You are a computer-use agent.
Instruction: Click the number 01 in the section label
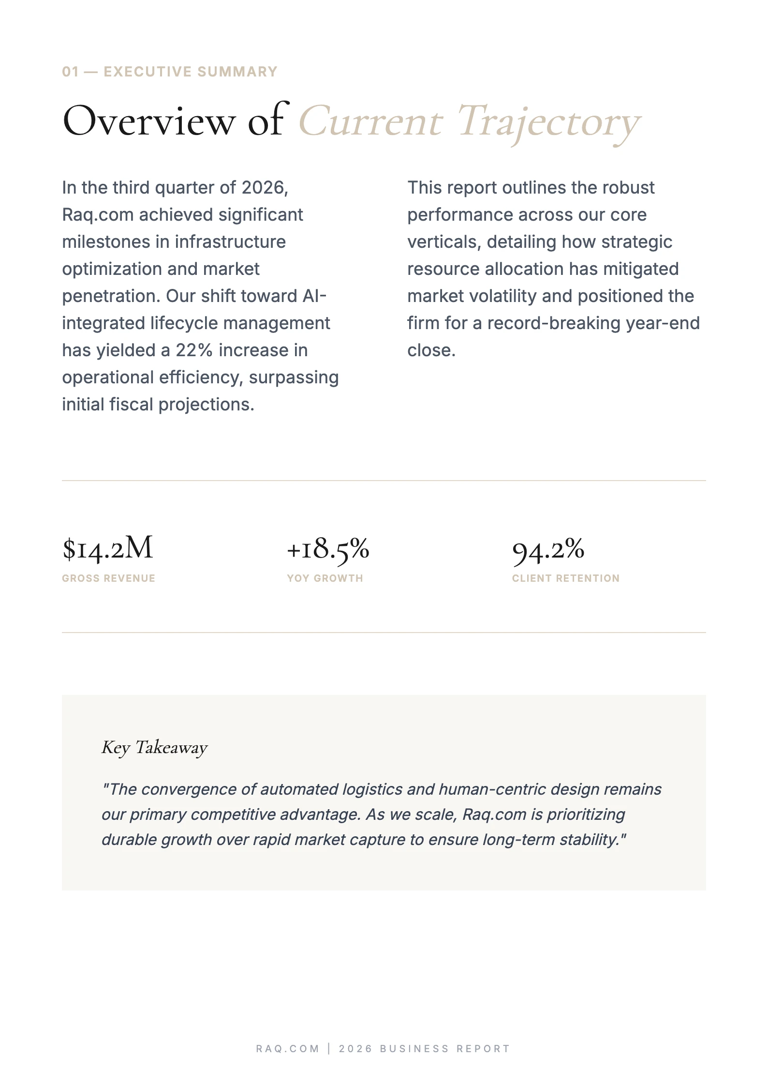point(70,72)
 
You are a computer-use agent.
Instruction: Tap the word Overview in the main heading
point(148,121)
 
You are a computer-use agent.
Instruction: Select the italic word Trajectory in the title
point(549,122)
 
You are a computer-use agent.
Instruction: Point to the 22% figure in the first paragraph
point(194,350)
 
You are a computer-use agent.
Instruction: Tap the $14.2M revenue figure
point(108,549)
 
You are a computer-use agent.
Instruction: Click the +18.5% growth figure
point(328,549)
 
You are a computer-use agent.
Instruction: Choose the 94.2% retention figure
point(548,550)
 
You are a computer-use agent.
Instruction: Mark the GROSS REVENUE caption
point(108,578)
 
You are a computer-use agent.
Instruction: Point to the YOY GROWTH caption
point(325,578)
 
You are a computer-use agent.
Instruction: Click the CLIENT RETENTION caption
point(565,578)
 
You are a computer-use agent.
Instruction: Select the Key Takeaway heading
point(154,747)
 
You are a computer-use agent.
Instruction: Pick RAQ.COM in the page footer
point(287,1049)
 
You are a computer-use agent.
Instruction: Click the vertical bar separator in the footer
point(329,1048)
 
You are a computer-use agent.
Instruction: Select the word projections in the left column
point(206,404)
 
